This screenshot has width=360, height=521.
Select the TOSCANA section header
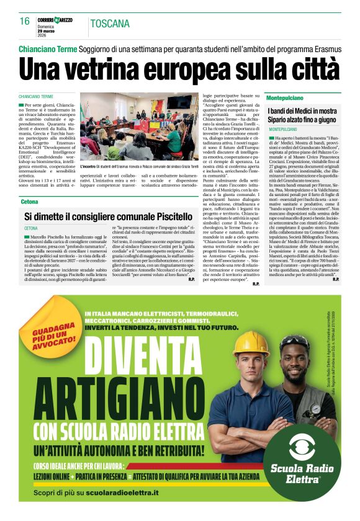tap(110, 24)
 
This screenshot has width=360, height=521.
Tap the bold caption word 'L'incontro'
tap(91, 167)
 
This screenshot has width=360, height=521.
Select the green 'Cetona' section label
tap(29, 202)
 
